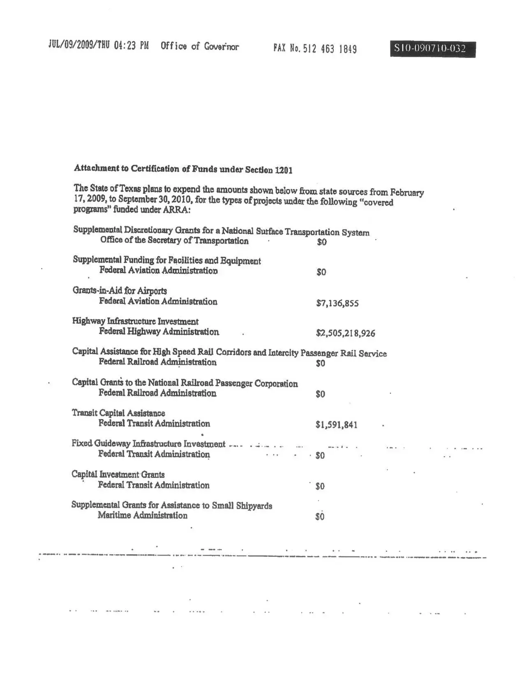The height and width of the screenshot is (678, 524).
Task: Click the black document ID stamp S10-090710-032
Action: [432, 49]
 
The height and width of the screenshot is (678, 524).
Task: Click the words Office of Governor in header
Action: [199, 46]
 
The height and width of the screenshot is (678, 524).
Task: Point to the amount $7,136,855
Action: [337, 303]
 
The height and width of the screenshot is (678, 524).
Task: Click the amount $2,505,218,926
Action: [345, 333]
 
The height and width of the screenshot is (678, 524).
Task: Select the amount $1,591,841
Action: [336, 424]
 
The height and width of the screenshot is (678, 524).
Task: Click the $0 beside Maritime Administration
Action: [320, 517]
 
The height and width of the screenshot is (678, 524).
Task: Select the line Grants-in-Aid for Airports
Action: [120, 291]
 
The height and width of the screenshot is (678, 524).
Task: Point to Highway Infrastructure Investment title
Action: [135, 321]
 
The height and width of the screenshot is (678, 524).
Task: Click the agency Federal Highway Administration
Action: [159, 332]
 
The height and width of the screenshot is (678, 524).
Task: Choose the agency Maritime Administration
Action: [142, 515]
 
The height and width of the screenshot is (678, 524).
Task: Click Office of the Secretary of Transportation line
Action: [174, 241]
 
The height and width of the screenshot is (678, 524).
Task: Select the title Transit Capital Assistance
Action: [118, 413]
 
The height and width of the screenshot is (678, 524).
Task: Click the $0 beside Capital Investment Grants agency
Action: [320, 486]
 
